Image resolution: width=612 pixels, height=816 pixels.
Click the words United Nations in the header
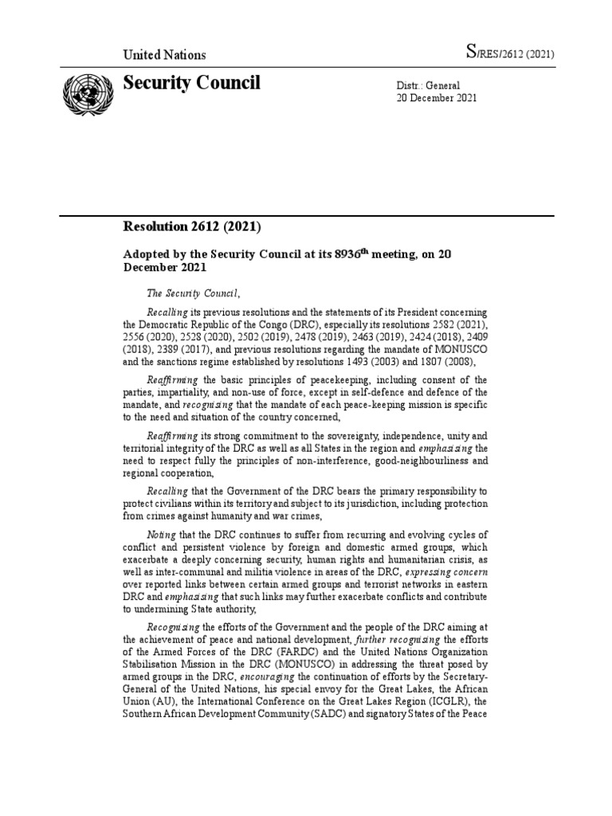click(163, 55)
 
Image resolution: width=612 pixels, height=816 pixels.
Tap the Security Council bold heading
click(191, 83)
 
